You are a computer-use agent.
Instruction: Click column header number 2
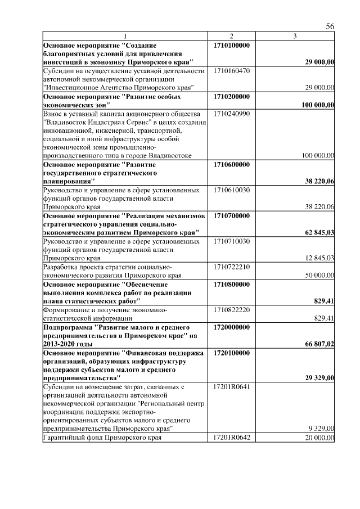(x=231, y=37)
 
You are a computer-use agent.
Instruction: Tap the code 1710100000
(x=232, y=44)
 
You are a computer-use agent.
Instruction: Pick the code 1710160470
(x=232, y=71)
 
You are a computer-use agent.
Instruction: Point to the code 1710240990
(x=232, y=114)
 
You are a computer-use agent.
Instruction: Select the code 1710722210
(x=232, y=267)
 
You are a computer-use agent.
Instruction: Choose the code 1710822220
(x=232, y=310)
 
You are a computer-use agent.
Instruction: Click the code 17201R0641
(x=232, y=387)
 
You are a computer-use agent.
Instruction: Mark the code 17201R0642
(x=232, y=438)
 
